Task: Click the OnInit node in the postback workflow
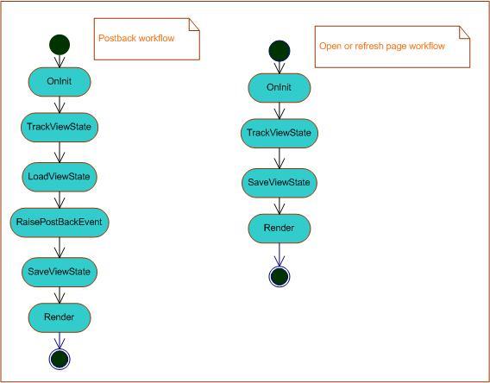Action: pos(60,82)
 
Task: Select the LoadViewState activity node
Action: pos(60,177)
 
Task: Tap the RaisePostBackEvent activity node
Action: pos(60,223)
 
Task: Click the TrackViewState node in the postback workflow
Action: pos(60,127)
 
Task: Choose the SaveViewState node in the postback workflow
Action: pos(60,272)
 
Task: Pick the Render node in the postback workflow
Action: pos(60,317)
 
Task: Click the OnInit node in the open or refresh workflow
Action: pos(280,88)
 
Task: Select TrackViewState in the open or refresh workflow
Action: pos(280,133)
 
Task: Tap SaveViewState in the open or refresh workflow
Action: pos(280,183)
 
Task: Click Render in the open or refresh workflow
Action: pos(280,229)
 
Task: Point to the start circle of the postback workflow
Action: pos(60,45)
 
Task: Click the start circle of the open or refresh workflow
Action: pos(280,51)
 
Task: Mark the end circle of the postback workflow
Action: pos(60,359)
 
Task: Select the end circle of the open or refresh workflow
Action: pos(280,277)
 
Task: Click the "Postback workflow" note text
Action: pos(136,38)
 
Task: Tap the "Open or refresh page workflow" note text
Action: pos(382,46)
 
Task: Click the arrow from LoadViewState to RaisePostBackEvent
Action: pos(60,200)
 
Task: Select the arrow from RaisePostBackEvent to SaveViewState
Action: pos(60,248)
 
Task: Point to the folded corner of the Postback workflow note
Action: pos(194,24)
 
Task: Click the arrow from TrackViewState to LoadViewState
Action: pos(60,152)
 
